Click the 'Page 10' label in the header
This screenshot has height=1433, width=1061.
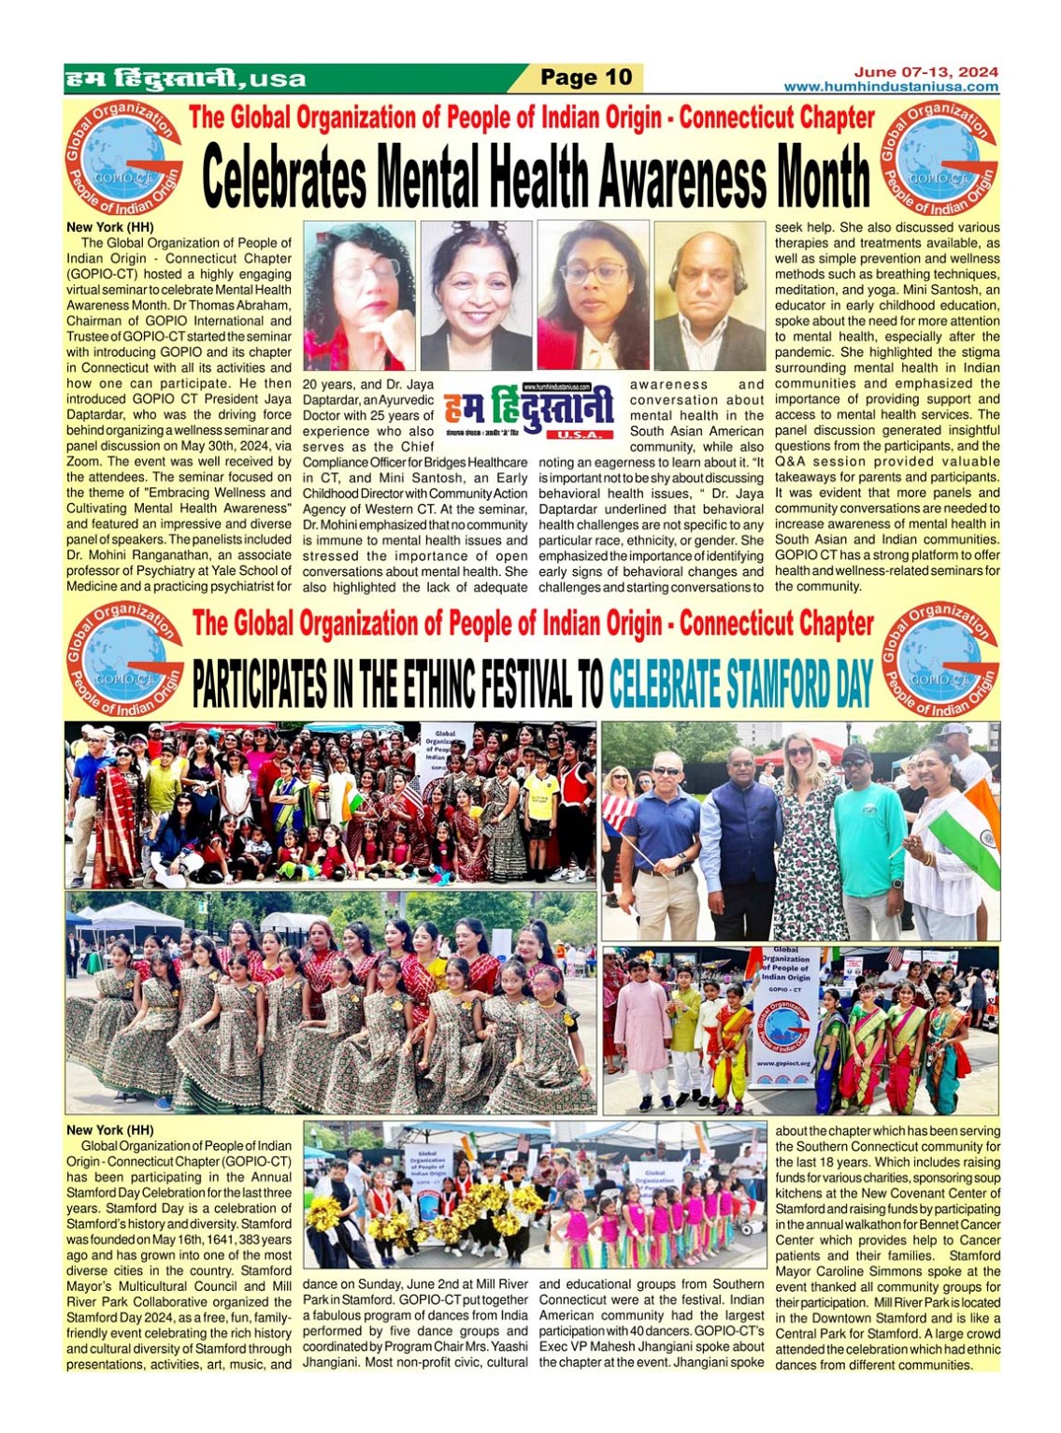(586, 78)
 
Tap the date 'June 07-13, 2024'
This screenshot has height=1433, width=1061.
(925, 72)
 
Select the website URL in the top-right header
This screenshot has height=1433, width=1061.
(891, 87)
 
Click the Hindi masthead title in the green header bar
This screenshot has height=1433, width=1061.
(185, 79)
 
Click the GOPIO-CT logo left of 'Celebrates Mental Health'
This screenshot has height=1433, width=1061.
(123, 160)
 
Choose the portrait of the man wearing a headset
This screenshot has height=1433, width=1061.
(710, 296)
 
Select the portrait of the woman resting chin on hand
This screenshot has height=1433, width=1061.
(360, 296)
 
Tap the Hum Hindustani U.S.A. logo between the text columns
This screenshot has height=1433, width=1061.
(529, 410)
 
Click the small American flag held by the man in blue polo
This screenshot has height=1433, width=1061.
(618, 812)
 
